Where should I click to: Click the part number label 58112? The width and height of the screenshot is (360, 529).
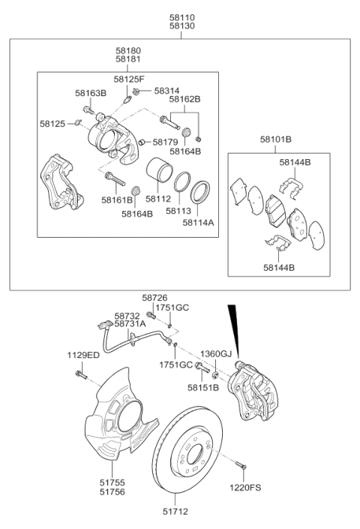point(158,200)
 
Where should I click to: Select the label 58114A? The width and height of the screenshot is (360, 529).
point(198,222)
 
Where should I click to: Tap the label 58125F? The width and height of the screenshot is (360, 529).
point(130,78)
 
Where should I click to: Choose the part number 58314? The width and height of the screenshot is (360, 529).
point(167,90)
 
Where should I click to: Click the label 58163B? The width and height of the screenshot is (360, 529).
point(90,93)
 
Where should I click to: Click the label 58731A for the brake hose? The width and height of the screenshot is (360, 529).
point(130,323)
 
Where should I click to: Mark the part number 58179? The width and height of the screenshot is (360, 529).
point(165,141)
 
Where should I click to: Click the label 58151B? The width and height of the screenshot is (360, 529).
point(203,388)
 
